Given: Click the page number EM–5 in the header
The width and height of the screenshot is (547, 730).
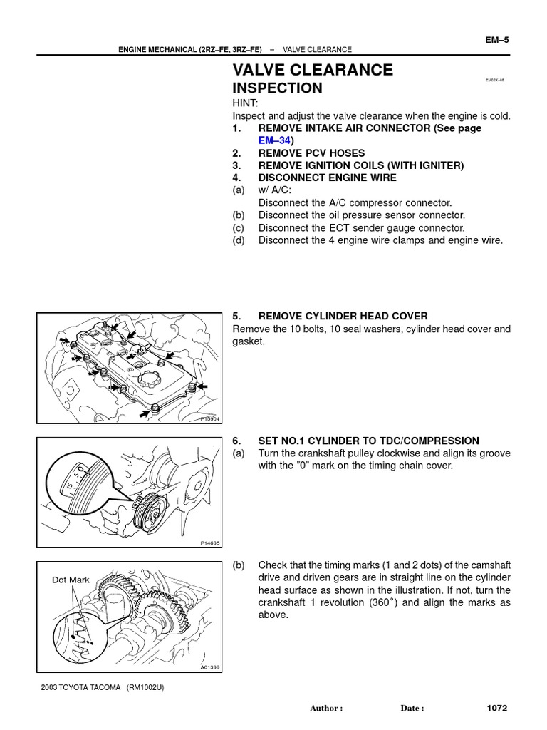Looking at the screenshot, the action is (x=496, y=40).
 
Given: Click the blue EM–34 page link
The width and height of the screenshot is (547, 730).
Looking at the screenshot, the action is (x=274, y=140).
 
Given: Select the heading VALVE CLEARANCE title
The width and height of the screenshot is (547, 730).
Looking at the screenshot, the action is (x=313, y=70).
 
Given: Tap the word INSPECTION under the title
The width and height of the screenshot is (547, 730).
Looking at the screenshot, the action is (x=277, y=88).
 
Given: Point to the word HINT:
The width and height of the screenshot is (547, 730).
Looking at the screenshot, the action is (x=245, y=103).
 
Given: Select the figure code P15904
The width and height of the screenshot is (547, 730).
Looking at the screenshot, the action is (x=209, y=418).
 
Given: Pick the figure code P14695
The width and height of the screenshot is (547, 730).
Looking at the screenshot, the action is (x=210, y=543).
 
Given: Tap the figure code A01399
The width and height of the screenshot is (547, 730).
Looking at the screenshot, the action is (x=210, y=667).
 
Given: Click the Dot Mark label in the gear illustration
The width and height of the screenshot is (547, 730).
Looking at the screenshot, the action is (x=71, y=580).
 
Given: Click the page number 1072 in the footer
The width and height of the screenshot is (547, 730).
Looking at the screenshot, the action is (x=496, y=708).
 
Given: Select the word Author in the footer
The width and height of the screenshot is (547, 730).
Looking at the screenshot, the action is (x=324, y=709).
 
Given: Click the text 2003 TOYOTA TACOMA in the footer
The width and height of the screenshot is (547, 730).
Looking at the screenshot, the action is (x=80, y=687).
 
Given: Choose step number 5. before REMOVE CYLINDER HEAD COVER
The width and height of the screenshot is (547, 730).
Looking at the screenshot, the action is (x=236, y=316).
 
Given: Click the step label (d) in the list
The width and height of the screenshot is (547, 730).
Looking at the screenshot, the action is (x=238, y=240).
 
